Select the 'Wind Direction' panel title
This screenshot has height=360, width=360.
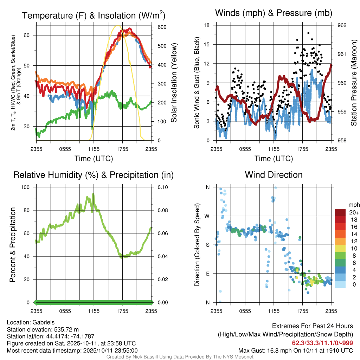[274, 175]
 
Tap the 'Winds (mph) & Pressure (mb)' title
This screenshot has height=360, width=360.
[274, 13]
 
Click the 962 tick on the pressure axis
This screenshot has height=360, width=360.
[342, 25]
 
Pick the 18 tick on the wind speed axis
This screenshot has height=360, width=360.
[207, 25]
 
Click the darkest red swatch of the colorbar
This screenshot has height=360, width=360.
[341, 212]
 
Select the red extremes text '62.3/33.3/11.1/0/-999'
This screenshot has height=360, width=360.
[322, 343]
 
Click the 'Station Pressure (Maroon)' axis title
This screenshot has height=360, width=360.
[354, 83]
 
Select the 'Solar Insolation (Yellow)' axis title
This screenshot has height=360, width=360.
[174, 83]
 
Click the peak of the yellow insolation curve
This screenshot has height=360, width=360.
[117, 26]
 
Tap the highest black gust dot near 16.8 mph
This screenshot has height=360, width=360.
[308, 33]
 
